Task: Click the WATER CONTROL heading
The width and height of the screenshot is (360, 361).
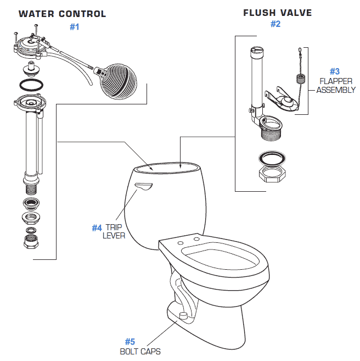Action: (x=62, y=14)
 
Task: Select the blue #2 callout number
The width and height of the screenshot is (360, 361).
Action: (x=275, y=24)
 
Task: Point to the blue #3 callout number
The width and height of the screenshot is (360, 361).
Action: (x=335, y=71)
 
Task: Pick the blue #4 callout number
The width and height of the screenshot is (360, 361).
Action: (x=97, y=227)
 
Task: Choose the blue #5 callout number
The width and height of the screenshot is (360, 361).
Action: (x=130, y=342)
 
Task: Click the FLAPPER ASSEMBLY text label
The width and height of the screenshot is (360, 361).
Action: (x=335, y=86)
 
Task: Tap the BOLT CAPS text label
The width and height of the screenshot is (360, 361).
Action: (x=140, y=352)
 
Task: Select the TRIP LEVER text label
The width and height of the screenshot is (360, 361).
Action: (x=115, y=231)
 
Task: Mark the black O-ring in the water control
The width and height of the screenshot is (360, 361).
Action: (x=28, y=84)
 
